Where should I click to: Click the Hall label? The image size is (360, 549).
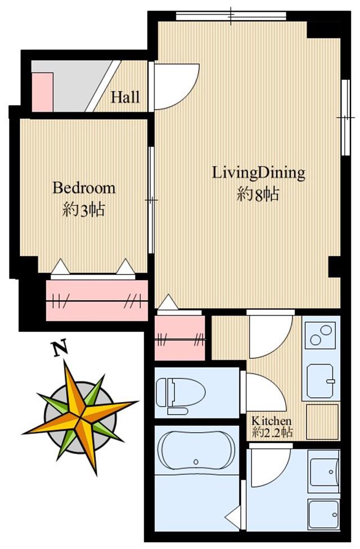tap(125, 97)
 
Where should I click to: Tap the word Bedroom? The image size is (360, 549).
tap(84, 188)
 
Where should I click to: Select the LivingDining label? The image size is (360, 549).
tap(259, 173)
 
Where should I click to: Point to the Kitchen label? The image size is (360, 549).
tap(272, 420)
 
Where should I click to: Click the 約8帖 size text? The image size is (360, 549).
tap(258, 194)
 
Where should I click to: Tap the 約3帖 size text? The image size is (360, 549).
tap(84, 210)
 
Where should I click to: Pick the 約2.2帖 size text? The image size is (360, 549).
tap(272, 433)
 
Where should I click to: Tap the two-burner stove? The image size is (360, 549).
tap(321, 335)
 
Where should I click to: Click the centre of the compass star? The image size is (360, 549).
tap(80, 417)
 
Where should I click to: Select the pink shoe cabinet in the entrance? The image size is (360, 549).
tap(42, 92)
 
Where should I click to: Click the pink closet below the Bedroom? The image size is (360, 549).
tap(97, 300)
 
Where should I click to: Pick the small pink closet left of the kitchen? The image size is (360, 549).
tap(179, 338)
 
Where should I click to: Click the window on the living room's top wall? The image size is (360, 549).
tap(231, 16)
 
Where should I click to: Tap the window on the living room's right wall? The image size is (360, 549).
tap(346, 118)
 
